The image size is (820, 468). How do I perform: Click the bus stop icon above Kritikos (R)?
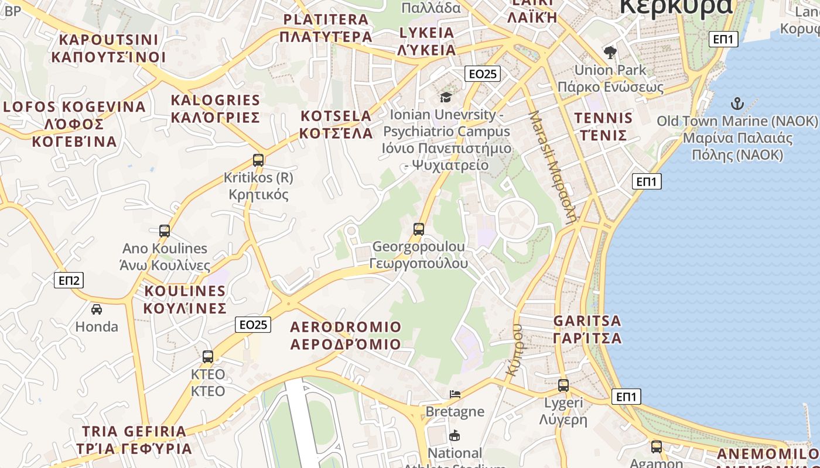258,160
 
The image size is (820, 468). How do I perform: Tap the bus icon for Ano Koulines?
165,231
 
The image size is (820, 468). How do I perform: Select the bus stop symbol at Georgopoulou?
418,229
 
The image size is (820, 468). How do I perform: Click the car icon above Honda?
97,309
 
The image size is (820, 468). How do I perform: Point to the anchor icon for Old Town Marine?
737,104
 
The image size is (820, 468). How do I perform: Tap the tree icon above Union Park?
610,53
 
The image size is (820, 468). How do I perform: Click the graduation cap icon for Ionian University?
446,97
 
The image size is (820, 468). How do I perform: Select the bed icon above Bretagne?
455,394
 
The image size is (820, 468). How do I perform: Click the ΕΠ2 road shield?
69,280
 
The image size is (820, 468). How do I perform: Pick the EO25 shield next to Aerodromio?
253,325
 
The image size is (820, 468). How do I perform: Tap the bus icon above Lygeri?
563,385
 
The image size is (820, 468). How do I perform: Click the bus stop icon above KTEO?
207,356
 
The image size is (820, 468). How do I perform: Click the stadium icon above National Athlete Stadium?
455,435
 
